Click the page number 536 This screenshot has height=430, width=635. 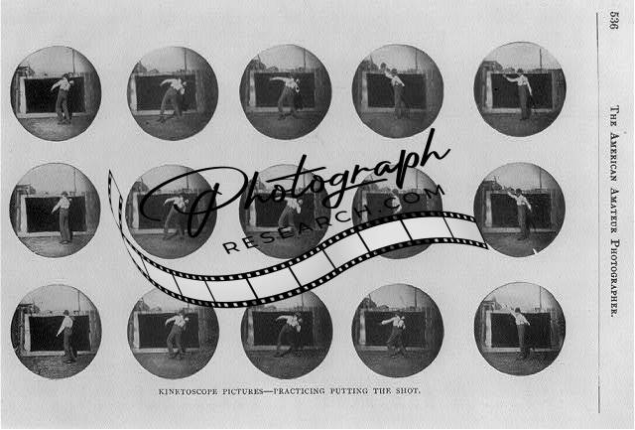(x=613, y=20)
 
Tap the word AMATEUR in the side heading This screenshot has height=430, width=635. (x=614, y=212)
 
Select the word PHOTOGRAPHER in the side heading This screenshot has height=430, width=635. (x=614, y=279)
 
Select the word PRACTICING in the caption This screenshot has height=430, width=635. (x=299, y=391)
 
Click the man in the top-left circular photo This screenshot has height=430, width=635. (x=63, y=98)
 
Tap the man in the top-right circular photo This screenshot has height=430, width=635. (x=521, y=94)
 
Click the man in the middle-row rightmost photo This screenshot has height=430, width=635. (x=521, y=214)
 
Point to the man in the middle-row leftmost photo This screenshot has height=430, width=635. (x=63, y=218)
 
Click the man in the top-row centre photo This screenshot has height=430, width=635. (x=287, y=96)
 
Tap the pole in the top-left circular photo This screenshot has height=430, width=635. (x=73, y=62)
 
